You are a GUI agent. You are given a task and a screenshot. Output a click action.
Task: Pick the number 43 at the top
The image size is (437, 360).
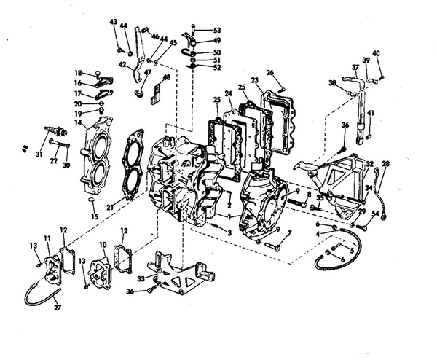click(x=114, y=22)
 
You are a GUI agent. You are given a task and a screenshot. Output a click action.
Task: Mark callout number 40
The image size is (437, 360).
click(x=377, y=53)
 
